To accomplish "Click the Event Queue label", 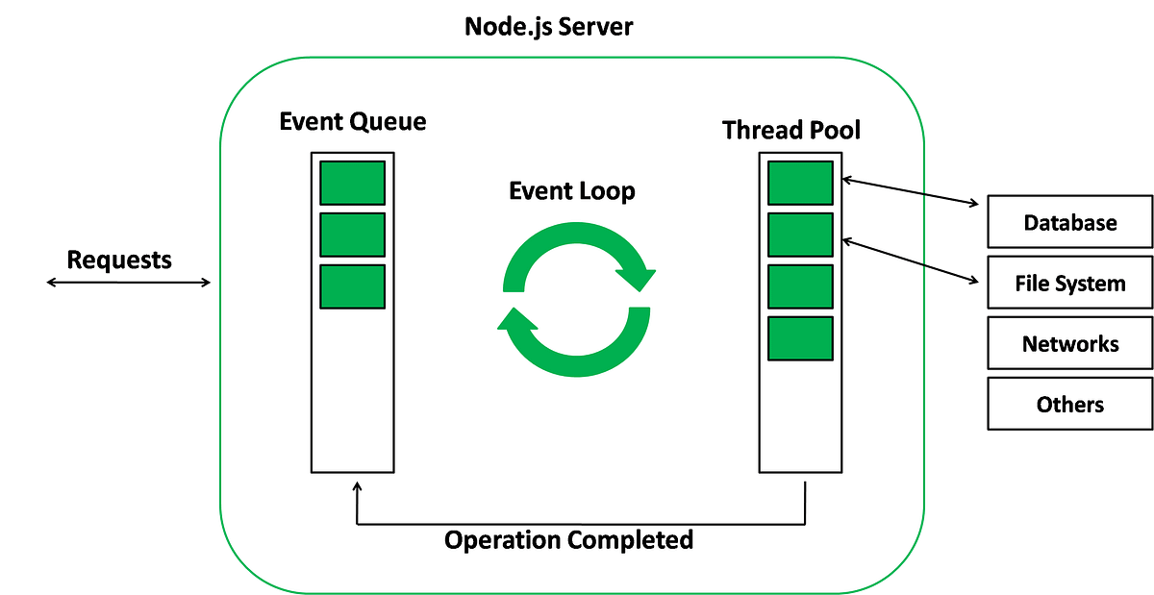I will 352,122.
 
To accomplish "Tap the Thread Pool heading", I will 791,129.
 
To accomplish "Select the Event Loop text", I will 571,190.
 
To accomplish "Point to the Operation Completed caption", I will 568,539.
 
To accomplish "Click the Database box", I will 1069,223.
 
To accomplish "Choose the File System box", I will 1069,284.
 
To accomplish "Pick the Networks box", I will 1069,344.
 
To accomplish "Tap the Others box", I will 1069,405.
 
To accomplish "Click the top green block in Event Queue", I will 352,183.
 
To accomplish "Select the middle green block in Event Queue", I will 352,235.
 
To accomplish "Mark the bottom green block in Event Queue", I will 352,286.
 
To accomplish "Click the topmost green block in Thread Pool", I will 800,183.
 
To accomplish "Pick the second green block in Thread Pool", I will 800,235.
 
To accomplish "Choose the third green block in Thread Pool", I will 800,286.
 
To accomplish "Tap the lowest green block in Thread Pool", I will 800,337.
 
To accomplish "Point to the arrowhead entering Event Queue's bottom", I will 358,486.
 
